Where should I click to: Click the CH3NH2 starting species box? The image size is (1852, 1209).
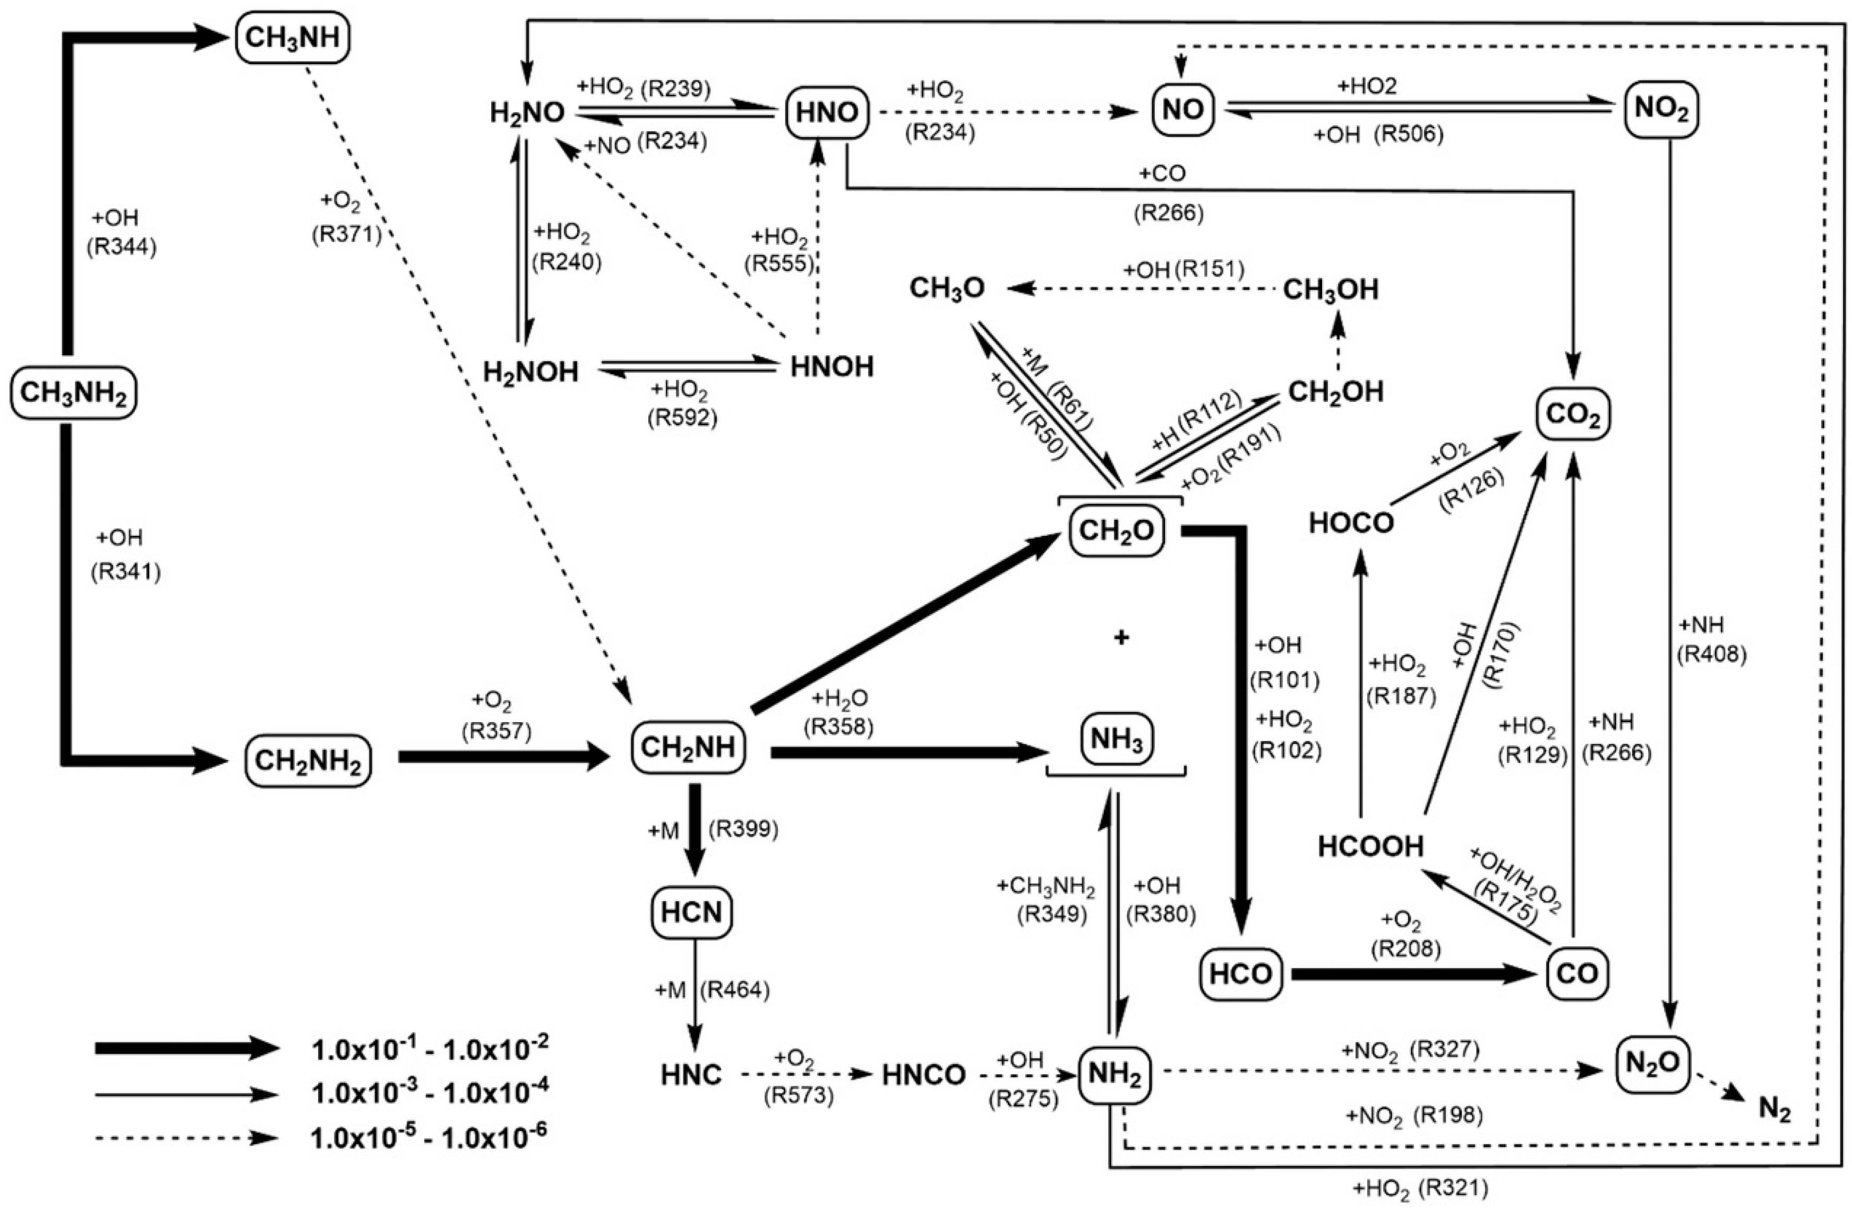point(73,393)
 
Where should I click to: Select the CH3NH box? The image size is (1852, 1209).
point(292,37)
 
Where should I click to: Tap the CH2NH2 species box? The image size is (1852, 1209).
point(308,760)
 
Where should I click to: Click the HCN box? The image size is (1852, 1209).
point(692,912)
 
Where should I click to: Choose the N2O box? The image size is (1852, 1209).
point(1653,1064)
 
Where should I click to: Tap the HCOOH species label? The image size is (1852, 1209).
point(1370,846)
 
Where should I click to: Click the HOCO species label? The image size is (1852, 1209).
point(1351,524)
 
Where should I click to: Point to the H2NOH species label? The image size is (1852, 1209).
point(531,372)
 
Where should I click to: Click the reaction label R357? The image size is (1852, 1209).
point(496,731)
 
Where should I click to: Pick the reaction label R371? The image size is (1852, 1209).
point(346,234)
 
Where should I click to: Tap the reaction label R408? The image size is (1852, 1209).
point(1711,655)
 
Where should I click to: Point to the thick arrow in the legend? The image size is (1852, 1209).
point(187,1048)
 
